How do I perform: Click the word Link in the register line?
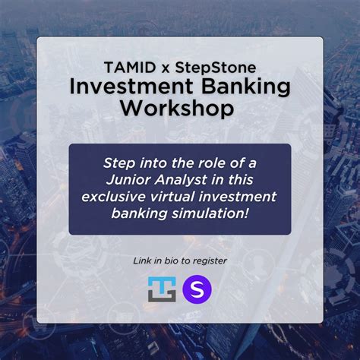pyautogui.click(x=142, y=261)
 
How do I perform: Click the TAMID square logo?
pyautogui.click(x=162, y=289)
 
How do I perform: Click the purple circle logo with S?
pyautogui.click(x=197, y=289)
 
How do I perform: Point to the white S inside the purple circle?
pyautogui.click(x=197, y=289)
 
